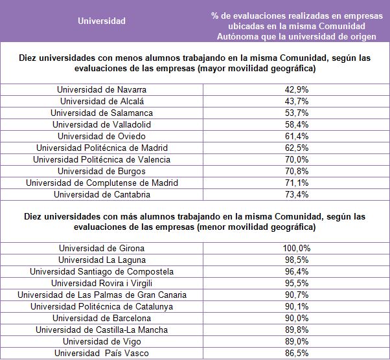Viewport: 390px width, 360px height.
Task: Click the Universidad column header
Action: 102,21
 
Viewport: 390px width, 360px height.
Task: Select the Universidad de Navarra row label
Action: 102,89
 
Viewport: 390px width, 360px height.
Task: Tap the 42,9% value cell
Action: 296,89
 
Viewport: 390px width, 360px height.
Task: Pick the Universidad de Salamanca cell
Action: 102,113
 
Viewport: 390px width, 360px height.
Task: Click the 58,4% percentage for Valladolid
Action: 296,124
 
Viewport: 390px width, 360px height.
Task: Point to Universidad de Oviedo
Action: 102,136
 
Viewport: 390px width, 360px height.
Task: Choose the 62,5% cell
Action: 296,148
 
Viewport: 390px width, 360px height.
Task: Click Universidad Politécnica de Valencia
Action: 102,159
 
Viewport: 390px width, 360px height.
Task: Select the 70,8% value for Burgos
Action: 296,171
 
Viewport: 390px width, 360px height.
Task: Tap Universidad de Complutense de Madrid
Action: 102,183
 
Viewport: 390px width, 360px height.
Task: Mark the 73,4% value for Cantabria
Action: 296,194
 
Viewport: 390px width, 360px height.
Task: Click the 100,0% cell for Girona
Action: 296,248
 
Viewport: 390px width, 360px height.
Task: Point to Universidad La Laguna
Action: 102,260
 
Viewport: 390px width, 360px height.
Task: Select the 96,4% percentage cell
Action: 296,271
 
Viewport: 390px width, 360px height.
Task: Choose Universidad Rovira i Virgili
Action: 102,283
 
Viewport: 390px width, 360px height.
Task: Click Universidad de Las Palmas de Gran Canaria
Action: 102,295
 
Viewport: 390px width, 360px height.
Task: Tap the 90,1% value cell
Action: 296,306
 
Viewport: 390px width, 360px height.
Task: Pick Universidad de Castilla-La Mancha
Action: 102,330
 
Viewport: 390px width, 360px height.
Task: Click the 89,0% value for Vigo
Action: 296,341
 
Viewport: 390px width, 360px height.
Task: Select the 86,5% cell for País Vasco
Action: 296,353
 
